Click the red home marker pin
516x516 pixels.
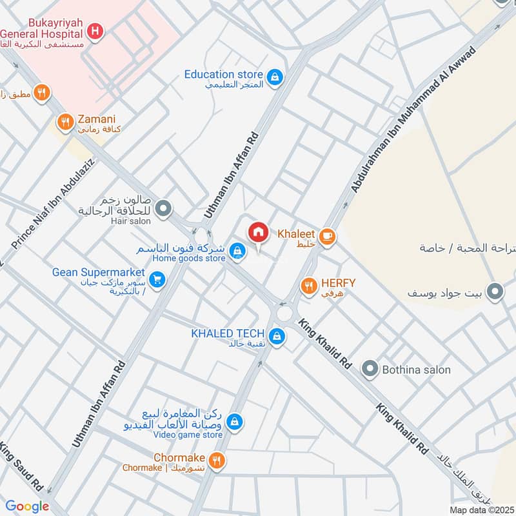pyautogui.click(x=258, y=232)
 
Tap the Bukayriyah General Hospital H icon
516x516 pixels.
pyautogui.click(x=95, y=30)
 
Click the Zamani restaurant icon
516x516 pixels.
pyautogui.click(x=65, y=121)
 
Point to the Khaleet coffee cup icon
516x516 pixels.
pyautogui.click(x=328, y=237)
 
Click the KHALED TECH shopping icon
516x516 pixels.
pyautogui.click(x=277, y=336)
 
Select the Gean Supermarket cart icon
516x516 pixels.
pyautogui.click(x=156, y=279)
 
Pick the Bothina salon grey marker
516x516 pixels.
pyautogui.click(x=370, y=369)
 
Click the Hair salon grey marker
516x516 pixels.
pyautogui.click(x=164, y=208)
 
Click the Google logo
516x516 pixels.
pyautogui.click(x=28, y=506)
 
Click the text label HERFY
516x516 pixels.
pyautogui.click(x=337, y=283)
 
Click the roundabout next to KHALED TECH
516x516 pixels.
pyautogui.click(x=284, y=315)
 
